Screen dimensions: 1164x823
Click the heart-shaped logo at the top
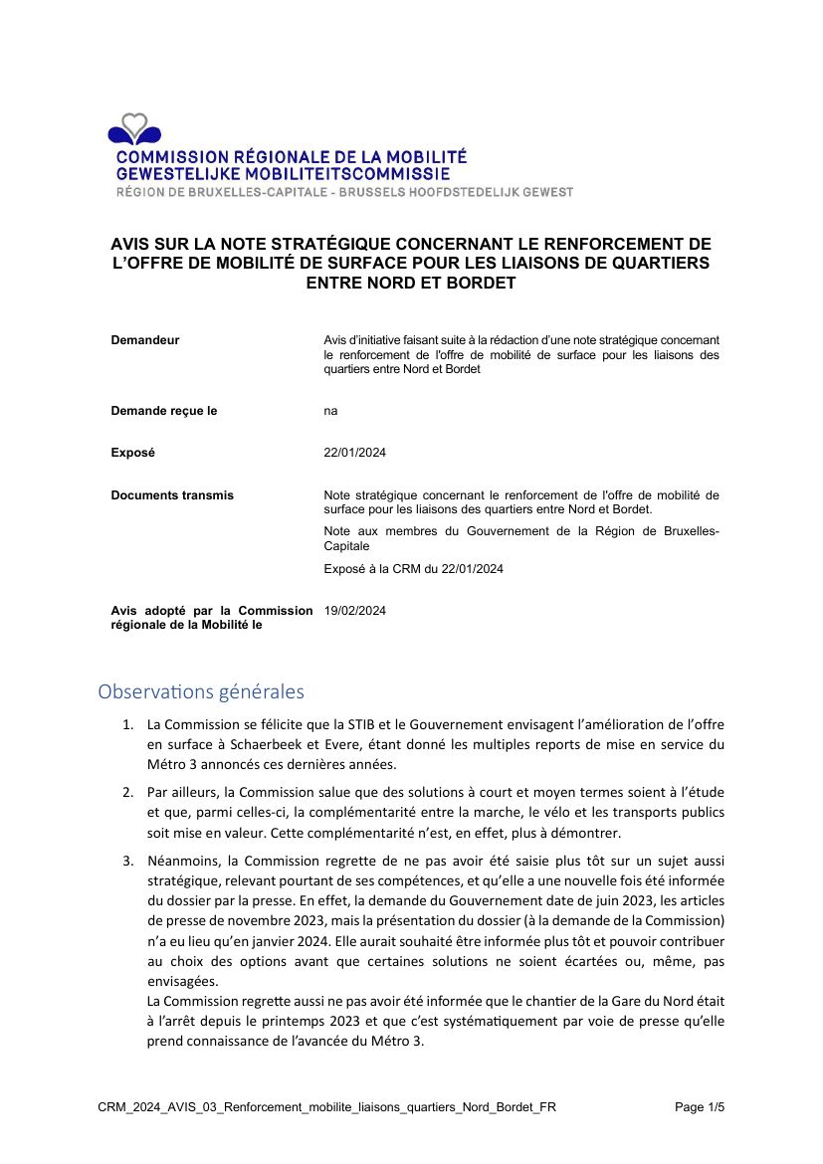point(134,129)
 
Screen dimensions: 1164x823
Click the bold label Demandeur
point(145,340)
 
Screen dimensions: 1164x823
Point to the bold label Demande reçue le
point(164,411)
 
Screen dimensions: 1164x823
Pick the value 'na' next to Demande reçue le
point(330,411)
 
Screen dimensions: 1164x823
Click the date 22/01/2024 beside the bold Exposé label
point(355,453)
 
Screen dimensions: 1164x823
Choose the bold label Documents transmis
point(172,495)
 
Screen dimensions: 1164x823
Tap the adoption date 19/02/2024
point(355,611)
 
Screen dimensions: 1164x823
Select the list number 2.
point(128,792)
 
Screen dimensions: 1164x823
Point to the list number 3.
point(128,861)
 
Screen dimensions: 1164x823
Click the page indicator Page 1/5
point(700,1107)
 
